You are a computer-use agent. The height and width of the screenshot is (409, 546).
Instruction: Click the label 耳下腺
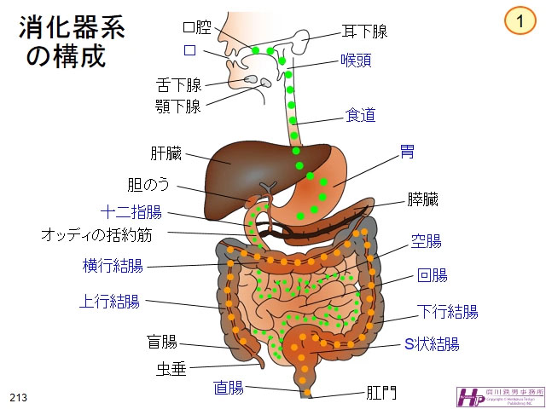pos(364,32)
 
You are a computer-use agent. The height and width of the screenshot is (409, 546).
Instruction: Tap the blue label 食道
pos(360,115)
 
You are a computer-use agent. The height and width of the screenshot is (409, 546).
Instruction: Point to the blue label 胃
pos(408,152)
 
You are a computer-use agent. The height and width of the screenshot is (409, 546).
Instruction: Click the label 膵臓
pos(422,200)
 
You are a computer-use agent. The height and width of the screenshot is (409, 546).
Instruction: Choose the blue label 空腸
pos(427,241)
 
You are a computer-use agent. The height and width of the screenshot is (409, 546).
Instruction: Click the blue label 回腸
pos(433,275)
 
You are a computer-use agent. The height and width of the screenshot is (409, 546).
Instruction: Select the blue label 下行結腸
pos(447,310)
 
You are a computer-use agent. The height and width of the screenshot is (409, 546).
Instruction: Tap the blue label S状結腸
pos(432,344)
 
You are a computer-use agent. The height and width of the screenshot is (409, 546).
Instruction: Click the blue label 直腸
pos(229,388)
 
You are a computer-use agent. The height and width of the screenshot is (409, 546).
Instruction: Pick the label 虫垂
pos(171,368)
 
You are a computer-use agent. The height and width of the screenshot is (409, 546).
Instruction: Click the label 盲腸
pos(162,343)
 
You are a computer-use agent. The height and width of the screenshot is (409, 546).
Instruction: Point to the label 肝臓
pos(166,154)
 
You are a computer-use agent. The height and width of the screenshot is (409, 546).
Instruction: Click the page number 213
pos(19,398)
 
